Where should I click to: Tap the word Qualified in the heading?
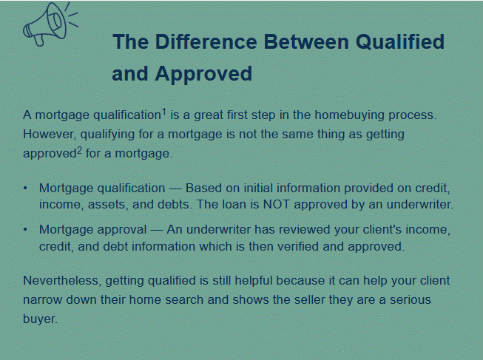(x=400, y=41)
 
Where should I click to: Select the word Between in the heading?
(x=306, y=41)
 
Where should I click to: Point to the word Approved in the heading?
(x=203, y=74)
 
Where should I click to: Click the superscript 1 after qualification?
(x=164, y=112)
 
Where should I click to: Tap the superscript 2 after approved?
(x=79, y=151)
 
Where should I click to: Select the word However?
(x=49, y=135)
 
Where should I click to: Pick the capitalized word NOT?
(x=277, y=205)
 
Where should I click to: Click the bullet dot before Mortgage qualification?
(x=25, y=189)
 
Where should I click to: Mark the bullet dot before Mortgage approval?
(x=25, y=229)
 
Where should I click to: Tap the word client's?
(x=383, y=229)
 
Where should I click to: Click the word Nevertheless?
(x=62, y=281)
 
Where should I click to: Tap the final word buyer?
(x=41, y=319)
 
